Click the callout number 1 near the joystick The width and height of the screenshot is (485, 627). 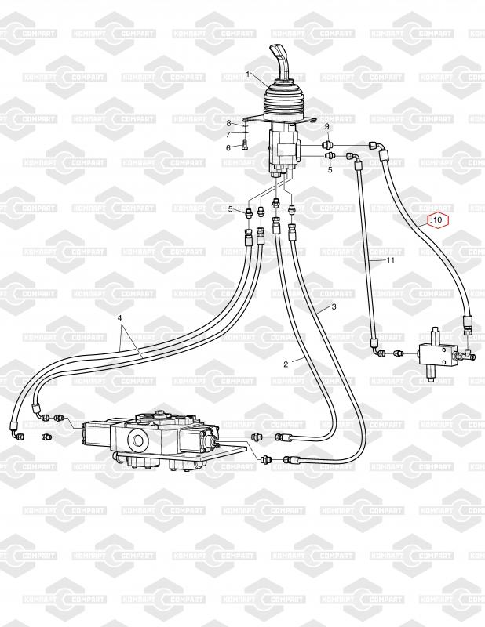click(x=249, y=74)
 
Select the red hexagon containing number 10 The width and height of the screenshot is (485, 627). click(x=438, y=220)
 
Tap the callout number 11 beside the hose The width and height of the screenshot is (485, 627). click(x=389, y=260)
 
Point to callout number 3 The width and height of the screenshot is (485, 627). click(x=334, y=307)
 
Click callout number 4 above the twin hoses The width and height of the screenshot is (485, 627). click(x=120, y=318)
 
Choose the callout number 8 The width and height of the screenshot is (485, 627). click(x=229, y=124)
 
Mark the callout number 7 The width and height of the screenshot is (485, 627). click(x=229, y=135)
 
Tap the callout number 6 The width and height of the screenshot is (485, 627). click(x=229, y=147)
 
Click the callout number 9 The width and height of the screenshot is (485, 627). click(x=327, y=127)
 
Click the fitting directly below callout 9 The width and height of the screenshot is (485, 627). click(x=330, y=145)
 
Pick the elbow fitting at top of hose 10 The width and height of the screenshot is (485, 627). click(x=378, y=147)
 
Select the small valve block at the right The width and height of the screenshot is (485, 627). click(x=436, y=353)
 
